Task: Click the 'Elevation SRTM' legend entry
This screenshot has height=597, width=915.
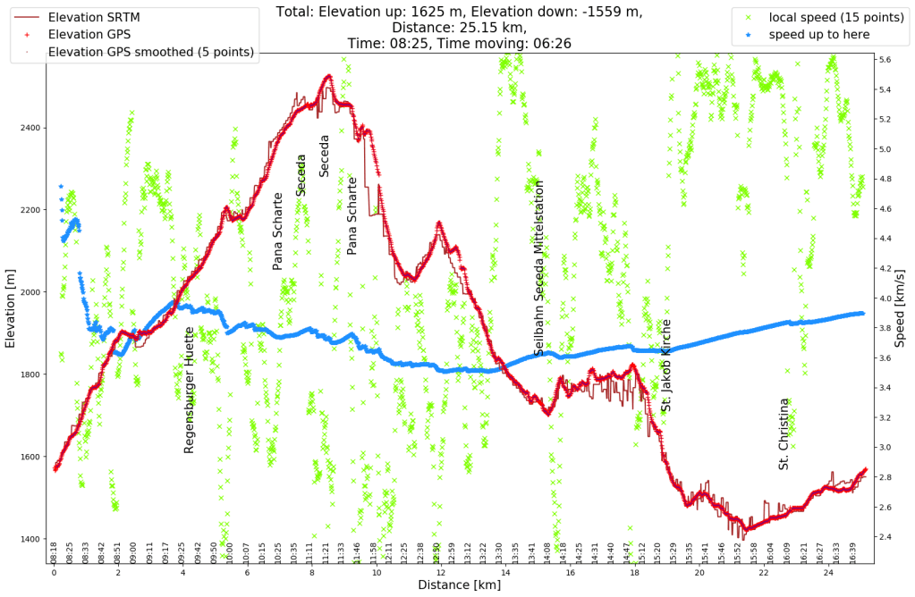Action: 94,16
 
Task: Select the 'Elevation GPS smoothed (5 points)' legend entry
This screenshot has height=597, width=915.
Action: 150,52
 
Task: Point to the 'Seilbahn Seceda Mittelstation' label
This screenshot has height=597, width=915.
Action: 538,268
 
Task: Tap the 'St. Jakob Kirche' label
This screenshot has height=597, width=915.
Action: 665,365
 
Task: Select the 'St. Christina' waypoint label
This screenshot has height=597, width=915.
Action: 784,434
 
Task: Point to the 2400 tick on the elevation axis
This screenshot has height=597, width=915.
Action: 31,128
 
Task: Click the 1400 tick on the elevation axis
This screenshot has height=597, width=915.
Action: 31,539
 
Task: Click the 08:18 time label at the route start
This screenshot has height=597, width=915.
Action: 54,551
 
